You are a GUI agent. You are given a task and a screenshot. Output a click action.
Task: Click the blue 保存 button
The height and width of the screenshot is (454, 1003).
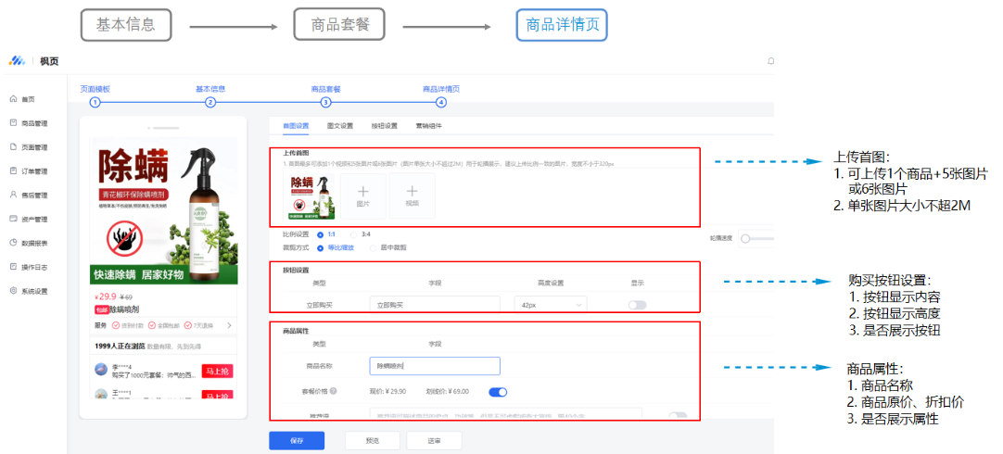pyautogui.click(x=297, y=441)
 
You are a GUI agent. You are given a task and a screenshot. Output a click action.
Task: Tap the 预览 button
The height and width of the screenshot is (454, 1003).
pyautogui.click(x=372, y=441)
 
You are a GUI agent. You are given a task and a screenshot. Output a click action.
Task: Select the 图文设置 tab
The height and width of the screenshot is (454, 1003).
pyautogui.click(x=340, y=125)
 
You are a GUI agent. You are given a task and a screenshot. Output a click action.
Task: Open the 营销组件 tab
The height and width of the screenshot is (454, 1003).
pyautogui.click(x=428, y=125)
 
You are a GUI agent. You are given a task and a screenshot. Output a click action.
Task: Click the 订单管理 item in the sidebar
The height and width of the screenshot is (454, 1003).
pyautogui.click(x=34, y=170)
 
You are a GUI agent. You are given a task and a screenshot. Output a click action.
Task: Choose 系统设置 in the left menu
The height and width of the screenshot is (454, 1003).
pyautogui.click(x=34, y=291)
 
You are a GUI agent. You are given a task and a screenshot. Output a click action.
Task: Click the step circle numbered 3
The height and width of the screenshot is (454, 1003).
pyautogui.click(x=325, y=103)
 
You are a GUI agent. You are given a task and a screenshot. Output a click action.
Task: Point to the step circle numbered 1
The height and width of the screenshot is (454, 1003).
pyautogui.click(x=95, y=103)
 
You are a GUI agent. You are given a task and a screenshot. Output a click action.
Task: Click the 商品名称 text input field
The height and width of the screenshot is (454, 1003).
pyautogui.click(x=434, y=366)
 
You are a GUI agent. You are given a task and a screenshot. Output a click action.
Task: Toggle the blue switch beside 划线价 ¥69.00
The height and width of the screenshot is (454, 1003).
pyautogui.click(x=498, y=392)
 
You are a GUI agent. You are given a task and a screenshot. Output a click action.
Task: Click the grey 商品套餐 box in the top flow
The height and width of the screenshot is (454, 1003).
pyautogui.click(x=339, y=25)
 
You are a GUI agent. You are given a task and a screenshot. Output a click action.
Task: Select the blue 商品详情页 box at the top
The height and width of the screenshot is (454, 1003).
pyautogui.click(x=562, y=25)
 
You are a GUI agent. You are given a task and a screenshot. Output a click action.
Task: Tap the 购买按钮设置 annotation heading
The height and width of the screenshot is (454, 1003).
pyautogui.click(x=889, y=280)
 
